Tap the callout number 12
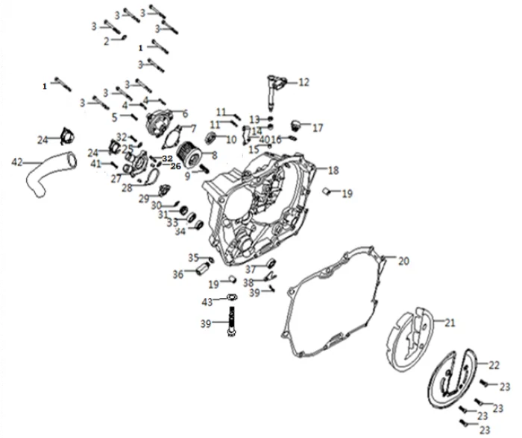[304, 83]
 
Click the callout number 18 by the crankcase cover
[333, 171]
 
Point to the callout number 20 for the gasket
[403, 261]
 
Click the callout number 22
[494, 365]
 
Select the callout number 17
[318, 127]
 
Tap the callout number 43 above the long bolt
[207, 302]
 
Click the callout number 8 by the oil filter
[214, 155]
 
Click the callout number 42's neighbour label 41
[96, 164]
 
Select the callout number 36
[178, 274]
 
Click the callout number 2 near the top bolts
[106, 41]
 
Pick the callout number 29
[143, 197]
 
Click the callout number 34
[180, 231]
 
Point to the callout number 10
[231, 139]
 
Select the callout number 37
[251, 269]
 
